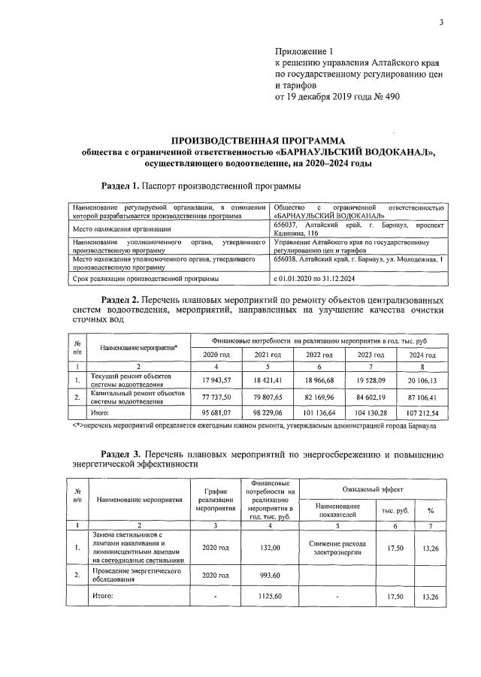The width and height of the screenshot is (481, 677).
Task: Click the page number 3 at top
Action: coord(442,23)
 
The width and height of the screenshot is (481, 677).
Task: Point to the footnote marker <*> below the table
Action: coord(77,425)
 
